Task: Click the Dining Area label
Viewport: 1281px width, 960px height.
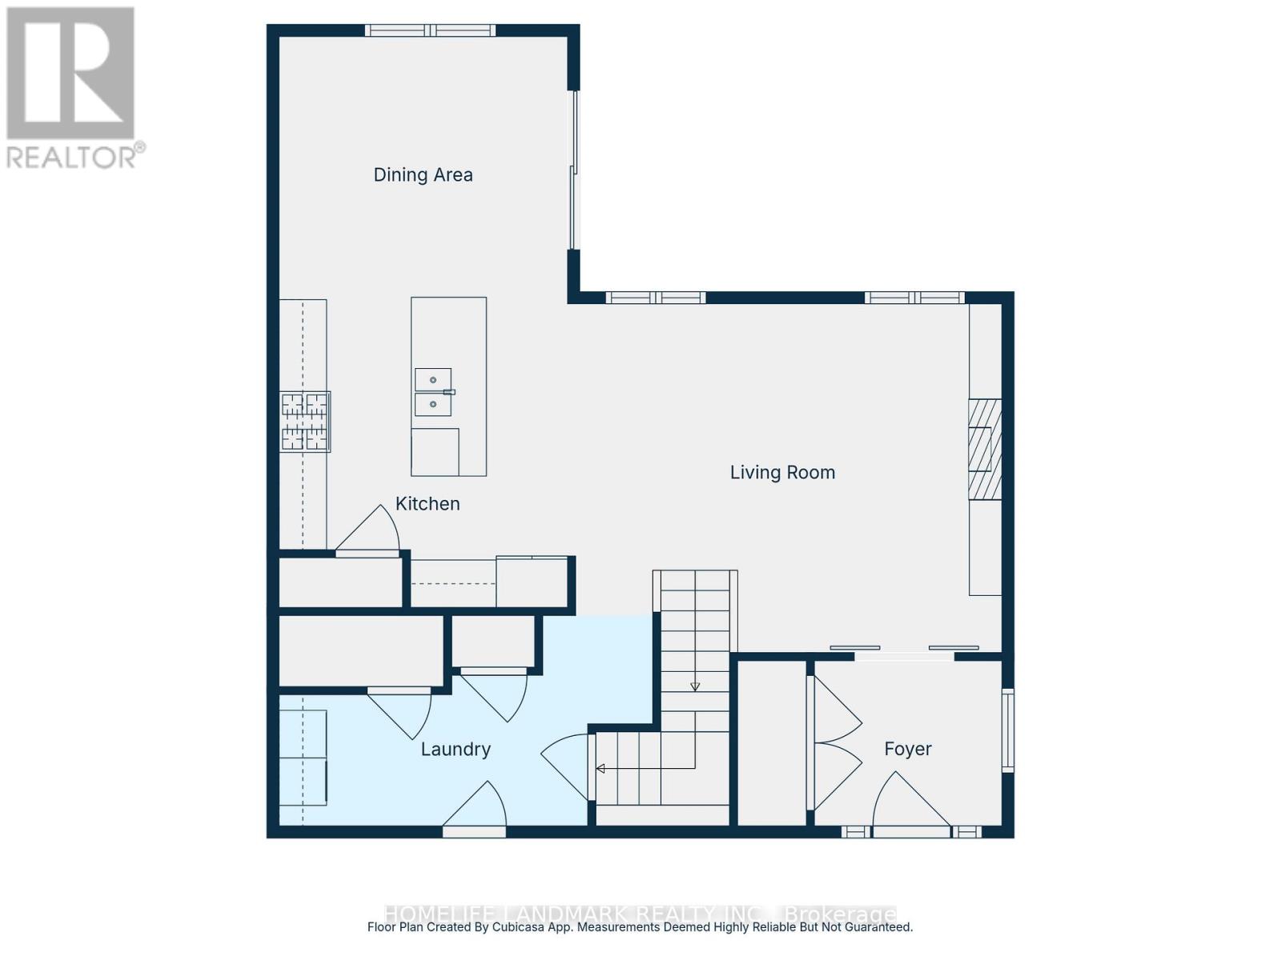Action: point(423,174)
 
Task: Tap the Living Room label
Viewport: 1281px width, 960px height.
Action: point(782,472)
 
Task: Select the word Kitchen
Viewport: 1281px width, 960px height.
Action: point(428,503)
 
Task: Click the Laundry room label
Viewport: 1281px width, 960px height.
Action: point(456,749)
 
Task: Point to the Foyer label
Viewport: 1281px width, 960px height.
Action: point(907,749)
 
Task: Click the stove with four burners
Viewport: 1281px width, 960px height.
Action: point(305,422)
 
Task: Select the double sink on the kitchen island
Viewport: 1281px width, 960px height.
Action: point(433,392)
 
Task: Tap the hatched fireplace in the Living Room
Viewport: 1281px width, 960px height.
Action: point(985,450)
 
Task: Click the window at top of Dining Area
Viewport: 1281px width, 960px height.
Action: point(431,30)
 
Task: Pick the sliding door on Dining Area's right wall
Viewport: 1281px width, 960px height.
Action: point(573,170)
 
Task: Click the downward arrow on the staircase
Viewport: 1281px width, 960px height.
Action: point(695,686)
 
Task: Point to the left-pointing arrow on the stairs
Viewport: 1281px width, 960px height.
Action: point(600,769)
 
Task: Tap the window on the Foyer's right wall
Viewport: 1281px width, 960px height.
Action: point(1008,730)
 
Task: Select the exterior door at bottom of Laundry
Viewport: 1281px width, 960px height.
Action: point(474,810)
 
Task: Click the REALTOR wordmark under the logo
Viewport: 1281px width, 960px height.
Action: point(75,156)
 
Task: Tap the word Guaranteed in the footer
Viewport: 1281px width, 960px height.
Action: point(879,927)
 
